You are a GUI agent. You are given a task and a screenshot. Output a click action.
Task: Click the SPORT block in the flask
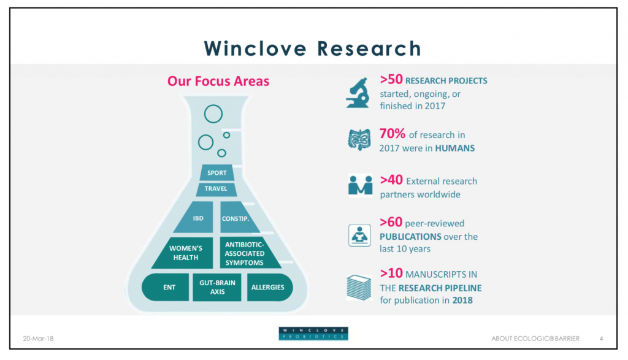point(216,172)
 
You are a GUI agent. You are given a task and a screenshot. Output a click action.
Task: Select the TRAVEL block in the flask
point(216,189)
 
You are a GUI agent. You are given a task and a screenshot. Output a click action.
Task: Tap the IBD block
point(196,218)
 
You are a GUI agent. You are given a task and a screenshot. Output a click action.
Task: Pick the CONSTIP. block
point(239,218)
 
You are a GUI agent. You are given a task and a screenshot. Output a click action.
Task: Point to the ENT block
point(166,287)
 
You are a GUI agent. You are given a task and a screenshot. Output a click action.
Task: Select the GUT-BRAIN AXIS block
point(217,287)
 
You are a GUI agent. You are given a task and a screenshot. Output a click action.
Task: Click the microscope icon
point(358,93)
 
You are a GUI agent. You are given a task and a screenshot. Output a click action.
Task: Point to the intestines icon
point(359,139)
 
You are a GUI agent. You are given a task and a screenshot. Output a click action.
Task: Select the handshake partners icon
point(360,185)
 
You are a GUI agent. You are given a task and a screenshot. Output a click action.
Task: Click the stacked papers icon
point(359,287)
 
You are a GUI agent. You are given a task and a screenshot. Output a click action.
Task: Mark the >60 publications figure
point(391,222)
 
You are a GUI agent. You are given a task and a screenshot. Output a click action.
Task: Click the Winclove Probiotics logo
point(313,334)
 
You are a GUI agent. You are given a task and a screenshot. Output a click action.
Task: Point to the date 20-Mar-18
point(38,339)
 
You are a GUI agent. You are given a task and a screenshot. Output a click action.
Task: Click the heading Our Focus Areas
point(218,81)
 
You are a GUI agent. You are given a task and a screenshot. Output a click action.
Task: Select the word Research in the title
point(369,48)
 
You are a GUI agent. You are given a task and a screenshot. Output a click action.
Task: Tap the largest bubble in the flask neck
point(213,114)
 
